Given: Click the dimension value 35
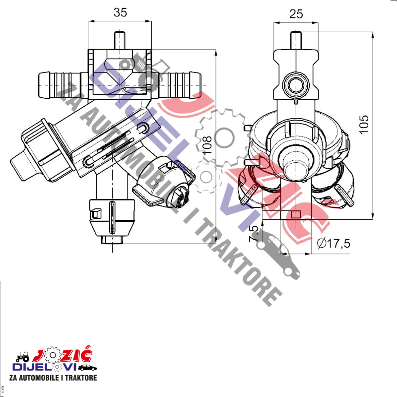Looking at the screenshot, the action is tap(120, 13).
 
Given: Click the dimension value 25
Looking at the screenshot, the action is tap(296, 14).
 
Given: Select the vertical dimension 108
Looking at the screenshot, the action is tap(207, 145).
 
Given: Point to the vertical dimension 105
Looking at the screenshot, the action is tap(364, 125).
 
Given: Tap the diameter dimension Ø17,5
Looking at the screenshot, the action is tap(333, 243).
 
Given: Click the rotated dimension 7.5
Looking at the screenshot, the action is tap(254, 233).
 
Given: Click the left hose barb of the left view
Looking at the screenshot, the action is tap(59, 85).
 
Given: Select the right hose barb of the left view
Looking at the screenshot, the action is tap(180, 85).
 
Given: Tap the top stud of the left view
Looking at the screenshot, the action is tap(119, 40).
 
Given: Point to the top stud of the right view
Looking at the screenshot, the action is tap(296, 41).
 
